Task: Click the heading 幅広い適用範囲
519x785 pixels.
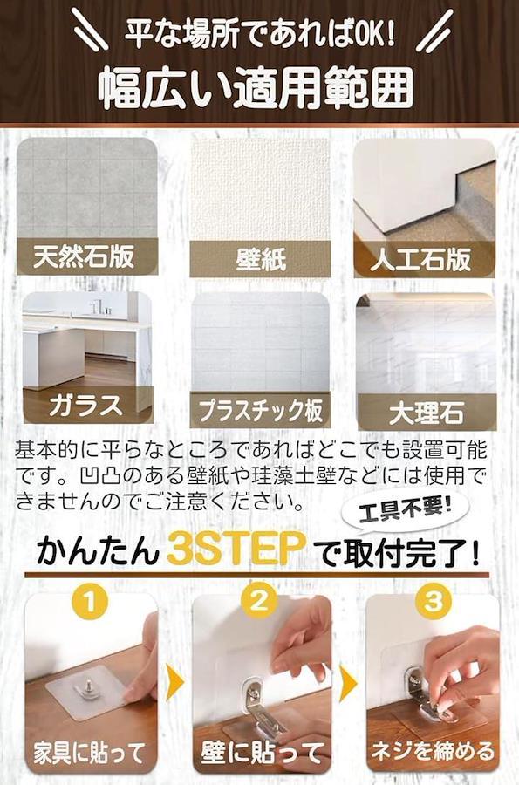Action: tap(256, 89)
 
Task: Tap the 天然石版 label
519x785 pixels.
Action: tap(84, 256)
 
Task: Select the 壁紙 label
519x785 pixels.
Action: tap(260, 259)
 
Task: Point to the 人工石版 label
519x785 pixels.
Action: tap(420, 259)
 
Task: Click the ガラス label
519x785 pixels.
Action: tap(86, 405)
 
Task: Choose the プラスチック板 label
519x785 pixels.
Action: tap(260, 410)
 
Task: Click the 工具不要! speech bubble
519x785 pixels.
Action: tap(406, 512)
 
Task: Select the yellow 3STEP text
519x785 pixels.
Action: tap(236, 549)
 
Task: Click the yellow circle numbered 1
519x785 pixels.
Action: tap(90, 600)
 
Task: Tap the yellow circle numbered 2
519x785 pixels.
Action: tap(259, 600)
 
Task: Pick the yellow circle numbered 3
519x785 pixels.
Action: tap(434, 600)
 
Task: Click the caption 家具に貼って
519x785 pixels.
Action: tap(90, 753)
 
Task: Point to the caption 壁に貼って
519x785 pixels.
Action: tap(263, 753)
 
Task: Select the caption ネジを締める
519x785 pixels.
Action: tap(433, 751)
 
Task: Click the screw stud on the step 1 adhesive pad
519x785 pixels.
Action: tap(92, 683)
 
